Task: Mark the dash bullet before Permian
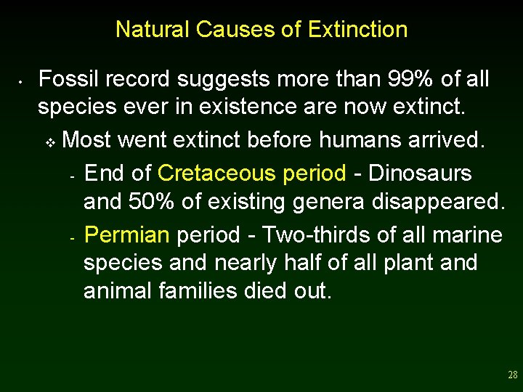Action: pyautogui.click(x=72, y=237)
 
